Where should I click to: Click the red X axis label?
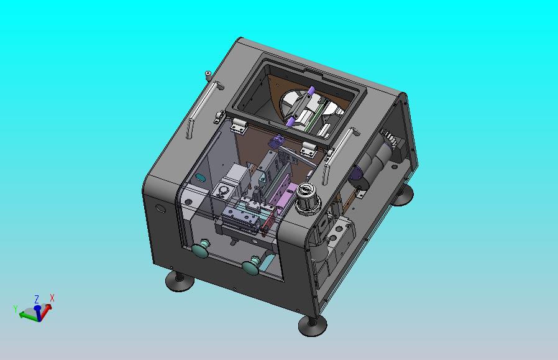click(x=52, y=298)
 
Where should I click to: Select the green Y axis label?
click(x=16, y=308)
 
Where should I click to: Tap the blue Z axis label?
click(x=37, y=298)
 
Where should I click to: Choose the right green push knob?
click(x=251, y=265)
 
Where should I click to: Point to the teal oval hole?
click(x=200, y=177)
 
